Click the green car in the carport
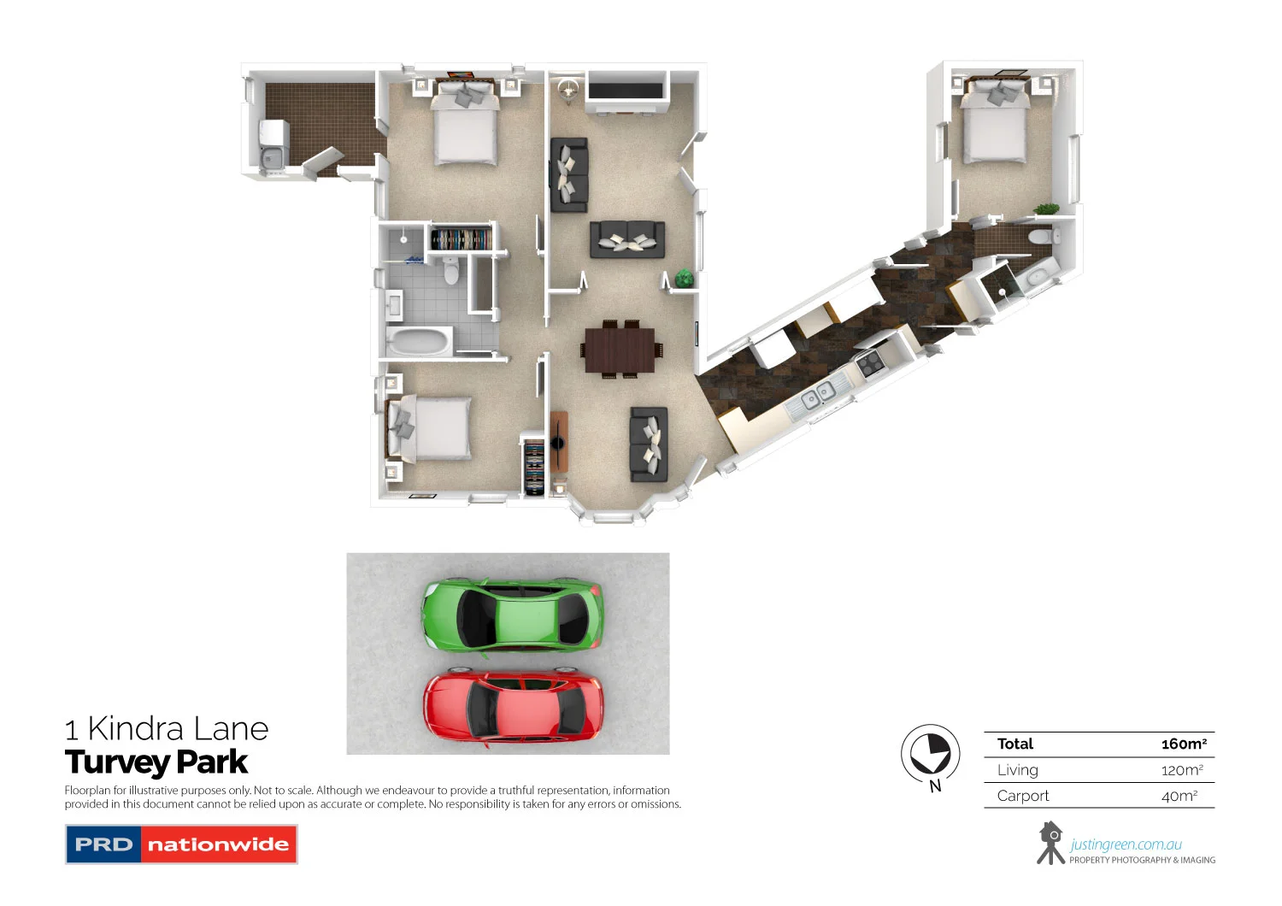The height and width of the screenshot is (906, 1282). click(513, 615)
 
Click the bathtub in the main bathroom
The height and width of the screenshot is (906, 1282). click(418, 342)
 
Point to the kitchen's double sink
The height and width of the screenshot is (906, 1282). click(818, 395)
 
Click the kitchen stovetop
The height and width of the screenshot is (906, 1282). click(871, 364)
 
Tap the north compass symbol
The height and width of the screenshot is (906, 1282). click(930, 754)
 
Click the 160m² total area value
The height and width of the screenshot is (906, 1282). click(1184, 744)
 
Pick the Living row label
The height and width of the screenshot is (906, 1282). click(1018, 770)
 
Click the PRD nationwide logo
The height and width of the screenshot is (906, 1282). click(181, 844)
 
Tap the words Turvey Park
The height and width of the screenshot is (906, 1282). click(156, 762)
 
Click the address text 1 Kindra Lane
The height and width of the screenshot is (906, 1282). click(167, 729)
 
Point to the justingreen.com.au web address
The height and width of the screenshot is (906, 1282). click(1126, 844)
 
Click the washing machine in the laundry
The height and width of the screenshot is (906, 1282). click(273, 134)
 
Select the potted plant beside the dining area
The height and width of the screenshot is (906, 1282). click(684, 278)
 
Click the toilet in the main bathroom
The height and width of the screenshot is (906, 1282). click(451, 271)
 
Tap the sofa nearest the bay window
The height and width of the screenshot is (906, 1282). click(649, 444)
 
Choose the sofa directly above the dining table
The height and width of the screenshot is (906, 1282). click(627, 239)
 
